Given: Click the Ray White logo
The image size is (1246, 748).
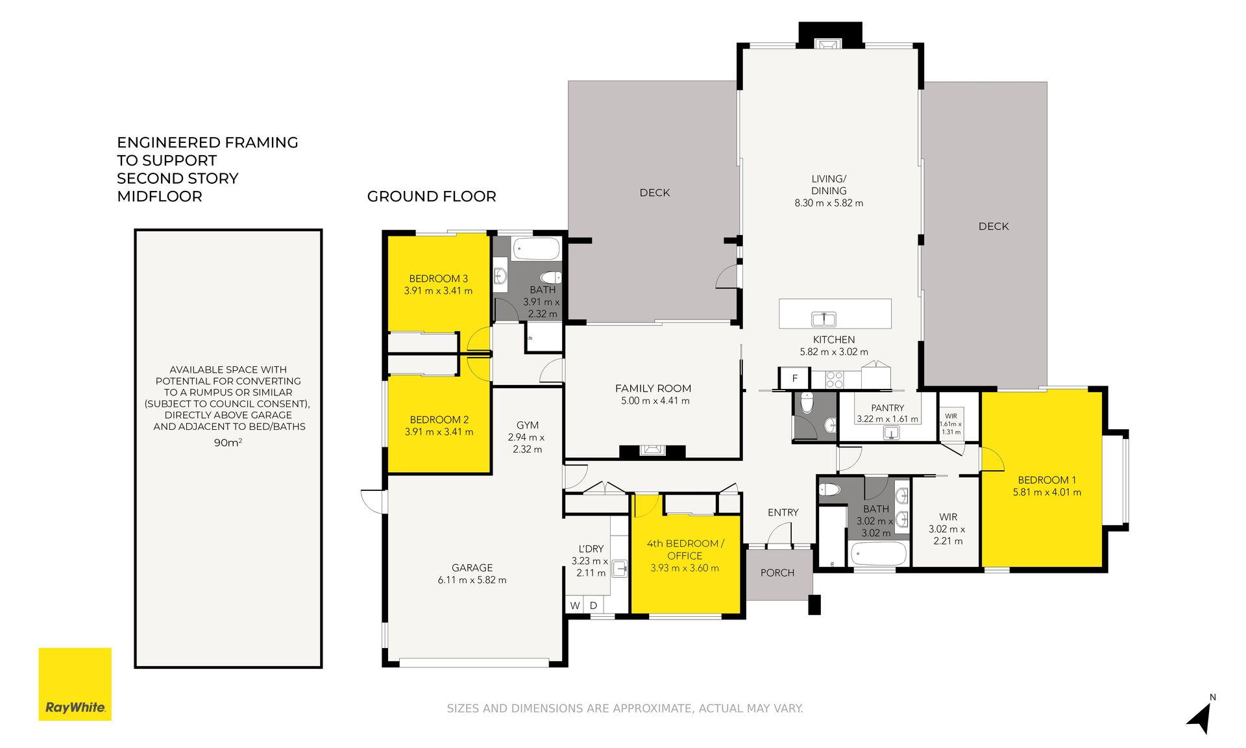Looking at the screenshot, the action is click(75, 684).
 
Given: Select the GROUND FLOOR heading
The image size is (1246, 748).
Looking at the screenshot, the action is click(432, 196).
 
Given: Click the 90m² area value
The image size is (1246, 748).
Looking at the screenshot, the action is click(228, 442).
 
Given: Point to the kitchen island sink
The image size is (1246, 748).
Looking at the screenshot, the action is click(824, 319).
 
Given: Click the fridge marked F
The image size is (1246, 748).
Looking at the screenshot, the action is click(794, 378).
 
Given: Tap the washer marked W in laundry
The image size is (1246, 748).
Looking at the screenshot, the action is click(575, 605).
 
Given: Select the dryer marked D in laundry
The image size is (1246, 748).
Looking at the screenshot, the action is click(593, 605).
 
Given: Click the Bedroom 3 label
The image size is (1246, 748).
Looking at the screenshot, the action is click(438, 279).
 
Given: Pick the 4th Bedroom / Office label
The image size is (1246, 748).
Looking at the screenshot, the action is click(685, 549).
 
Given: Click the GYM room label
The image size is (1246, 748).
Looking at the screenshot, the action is click(528, 425).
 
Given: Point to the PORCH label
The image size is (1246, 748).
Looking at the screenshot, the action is click(777, 573).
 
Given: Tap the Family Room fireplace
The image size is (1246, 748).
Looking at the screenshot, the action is click(652, 450).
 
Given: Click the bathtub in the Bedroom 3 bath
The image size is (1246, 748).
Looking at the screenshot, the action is click(536, 249).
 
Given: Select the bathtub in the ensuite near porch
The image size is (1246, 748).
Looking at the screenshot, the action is click(879, 555).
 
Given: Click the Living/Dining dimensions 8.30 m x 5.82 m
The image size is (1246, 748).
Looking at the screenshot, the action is click(829, 203).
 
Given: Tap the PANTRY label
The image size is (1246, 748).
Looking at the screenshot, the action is click(887, 408).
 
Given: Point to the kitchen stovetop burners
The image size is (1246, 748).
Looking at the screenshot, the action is click(835, 379).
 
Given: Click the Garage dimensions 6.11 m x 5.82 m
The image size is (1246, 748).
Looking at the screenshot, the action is click(472, 580).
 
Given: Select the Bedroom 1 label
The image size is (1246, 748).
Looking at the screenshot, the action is click(1047, 480).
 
